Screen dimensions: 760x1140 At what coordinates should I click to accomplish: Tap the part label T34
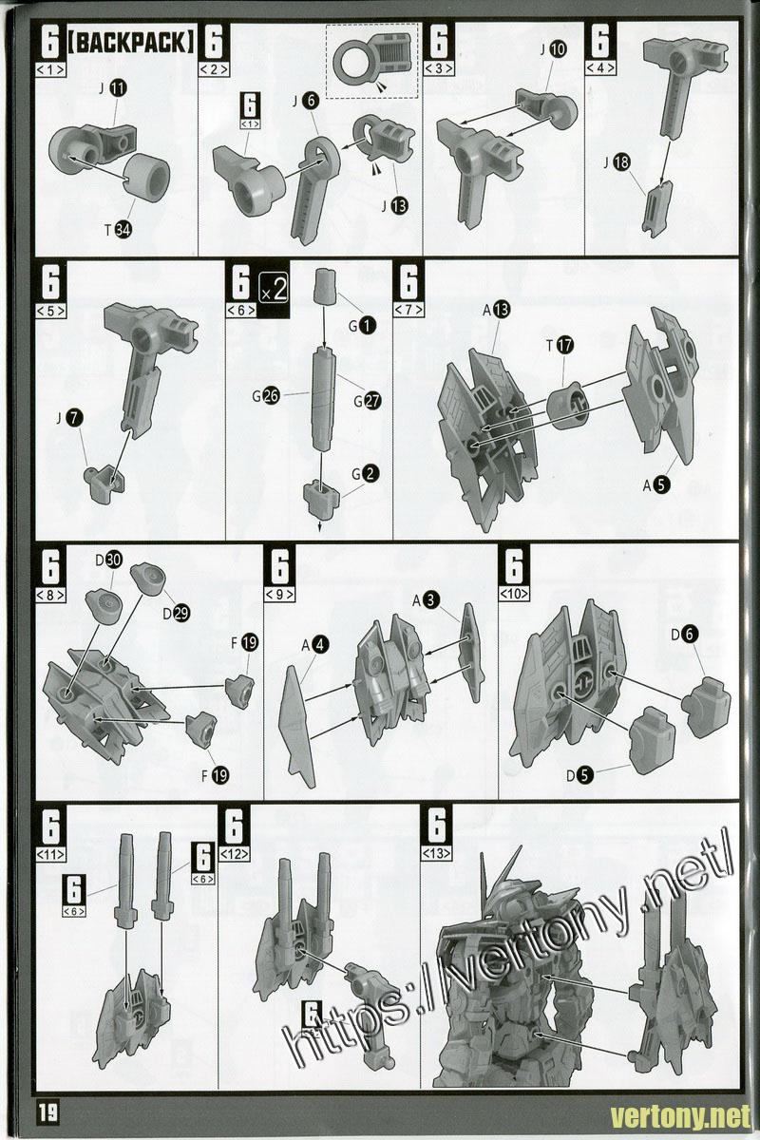click(118, 230)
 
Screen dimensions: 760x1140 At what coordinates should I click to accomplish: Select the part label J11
click(113, 88)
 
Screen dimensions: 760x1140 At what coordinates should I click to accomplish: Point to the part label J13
click(395, 205)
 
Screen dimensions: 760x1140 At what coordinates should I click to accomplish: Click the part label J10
click(553, 49)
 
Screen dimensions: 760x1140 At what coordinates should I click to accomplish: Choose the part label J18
click(617, 162)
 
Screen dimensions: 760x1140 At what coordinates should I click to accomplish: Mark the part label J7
click(70, 418)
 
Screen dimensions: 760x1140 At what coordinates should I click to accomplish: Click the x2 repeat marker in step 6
click(274, 290)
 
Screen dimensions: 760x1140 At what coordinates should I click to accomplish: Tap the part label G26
click(266, 395)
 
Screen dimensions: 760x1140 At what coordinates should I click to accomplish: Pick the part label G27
click(368, 401)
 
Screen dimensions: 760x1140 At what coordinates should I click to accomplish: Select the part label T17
click(560, 346)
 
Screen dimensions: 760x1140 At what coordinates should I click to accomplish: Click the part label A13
click(497, 310)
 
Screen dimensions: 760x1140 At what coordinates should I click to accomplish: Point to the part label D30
click(109, 560)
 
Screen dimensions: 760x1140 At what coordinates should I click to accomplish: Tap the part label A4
click(315, 645)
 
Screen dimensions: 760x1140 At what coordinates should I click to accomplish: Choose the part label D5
click(579, 775)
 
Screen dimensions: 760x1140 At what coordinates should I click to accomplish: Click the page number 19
click(47, 1113)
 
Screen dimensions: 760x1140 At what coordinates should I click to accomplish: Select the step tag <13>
click(436, 853)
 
